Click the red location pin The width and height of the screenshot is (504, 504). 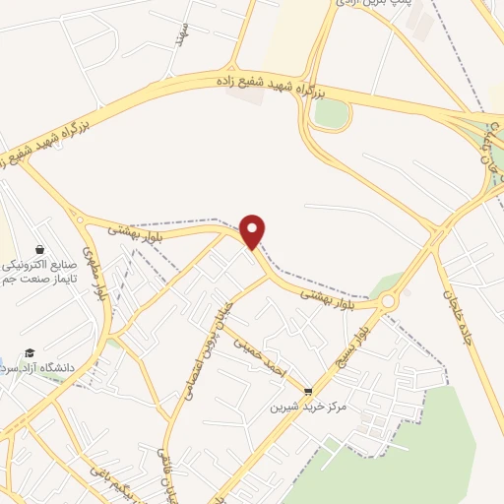pyautogui.click(x=254, y=230)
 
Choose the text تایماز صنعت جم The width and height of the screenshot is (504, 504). pyautogui.click(x=35, y=281)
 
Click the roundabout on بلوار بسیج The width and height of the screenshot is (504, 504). pyautogui.click(x=388, y=301)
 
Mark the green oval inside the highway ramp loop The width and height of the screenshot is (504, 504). pyautogui.click(x=331, y=113)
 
